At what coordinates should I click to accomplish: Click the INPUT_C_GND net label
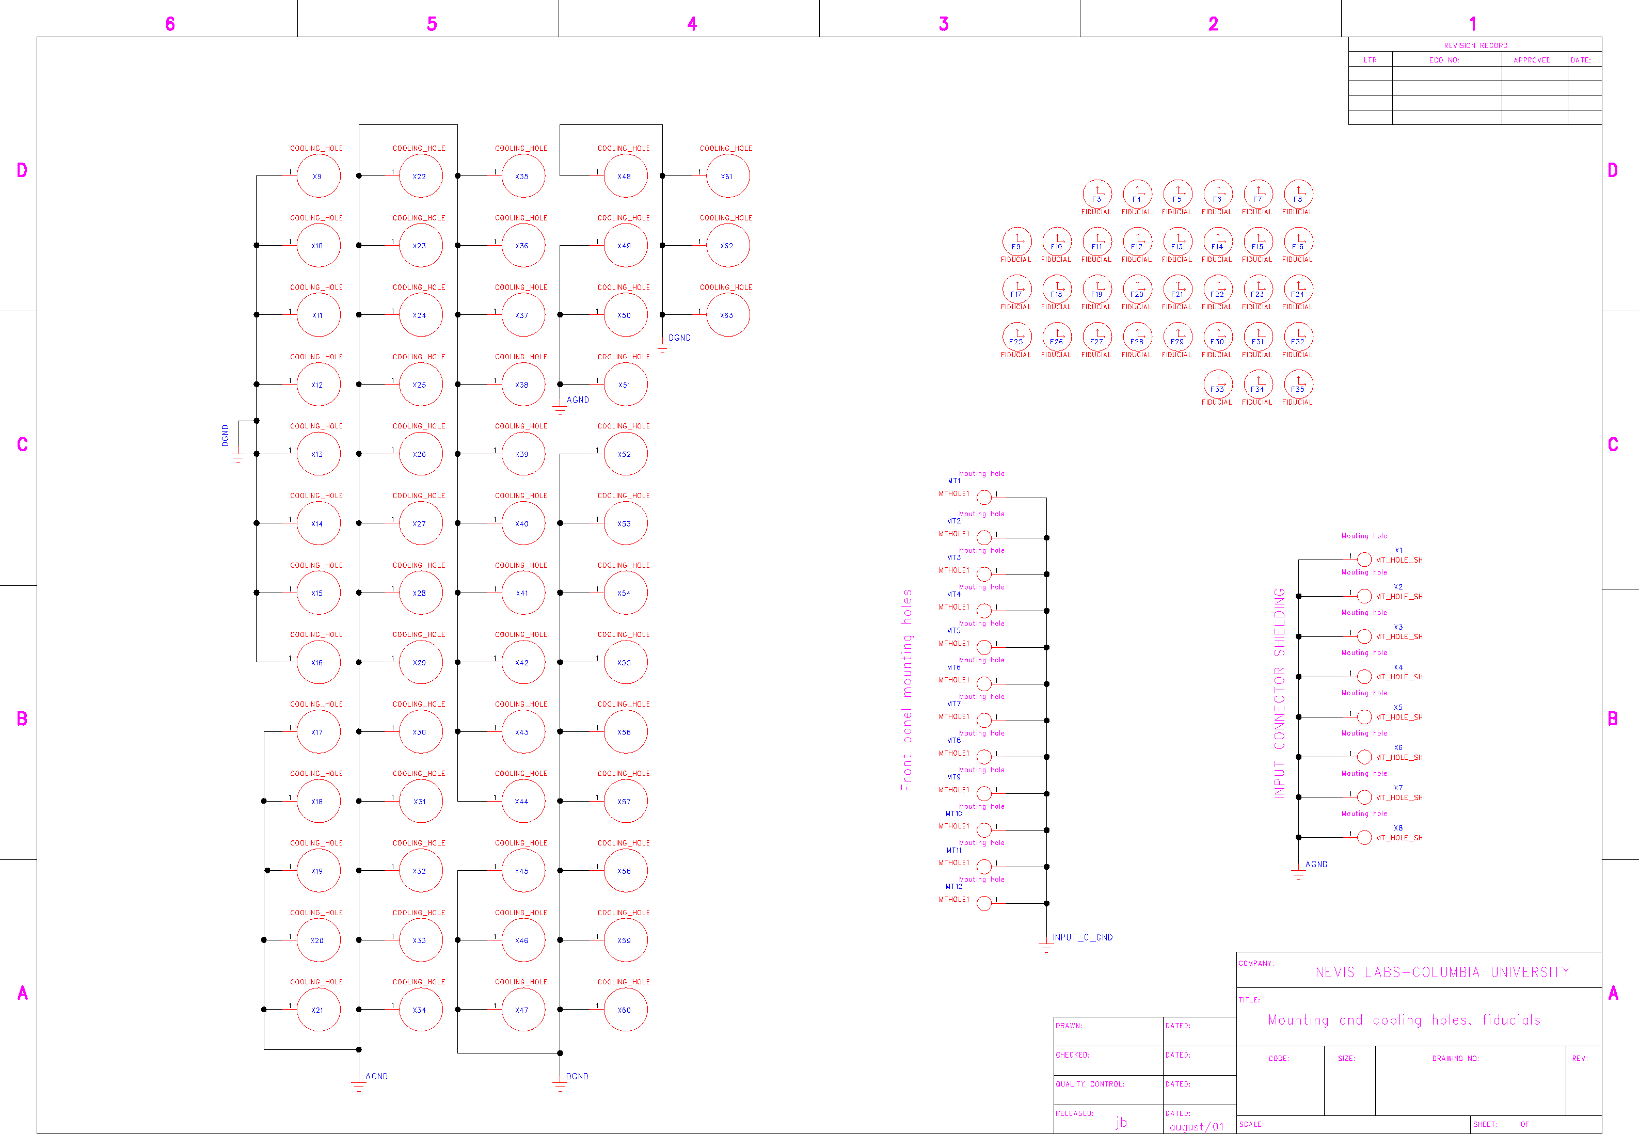(x=1082, y=937)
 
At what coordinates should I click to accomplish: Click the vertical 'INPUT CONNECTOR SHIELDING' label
(x=1280, y=693)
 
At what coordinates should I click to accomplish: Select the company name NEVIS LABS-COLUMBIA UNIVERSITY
(x=1442, y=972)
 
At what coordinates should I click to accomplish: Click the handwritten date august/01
(x=1197, y=1127)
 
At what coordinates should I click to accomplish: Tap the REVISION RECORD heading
(x=1475, y=45)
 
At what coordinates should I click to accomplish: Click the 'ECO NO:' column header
(x=1444, y=60)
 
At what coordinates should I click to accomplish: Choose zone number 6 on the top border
(x=170, y=24)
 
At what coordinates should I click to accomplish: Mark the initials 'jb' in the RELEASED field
(x=1121, y=1122)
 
